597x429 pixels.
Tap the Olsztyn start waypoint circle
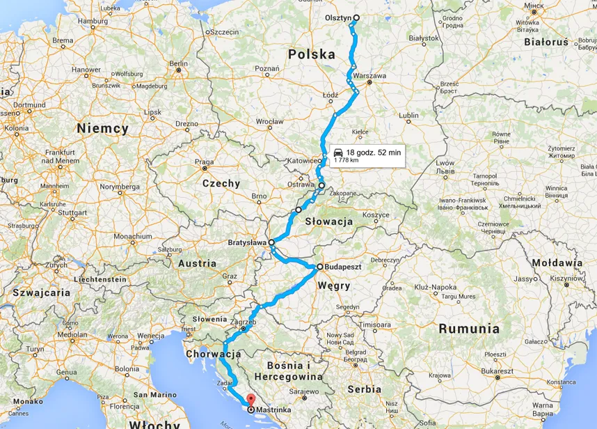tap(356, 18)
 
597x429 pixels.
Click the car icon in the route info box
tap(337, 152)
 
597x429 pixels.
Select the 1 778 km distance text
tap(346, 160)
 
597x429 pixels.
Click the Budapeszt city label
tap(345, 267)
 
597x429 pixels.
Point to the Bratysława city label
tap(248, 242)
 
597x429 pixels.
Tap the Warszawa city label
tap(369, 75)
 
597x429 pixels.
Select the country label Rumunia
tap(467, 328)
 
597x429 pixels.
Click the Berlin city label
tap(179, 63)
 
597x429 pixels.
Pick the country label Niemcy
tap(103, 128)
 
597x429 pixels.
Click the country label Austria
tap(197, 263)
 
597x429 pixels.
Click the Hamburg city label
tap(93, 22)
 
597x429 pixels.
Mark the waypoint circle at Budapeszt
tap(320, 267)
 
